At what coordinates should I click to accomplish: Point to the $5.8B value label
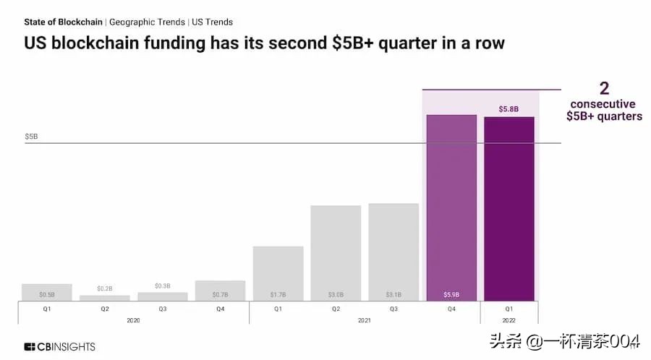[x=509, y=109]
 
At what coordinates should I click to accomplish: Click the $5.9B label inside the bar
[x=451, y=294]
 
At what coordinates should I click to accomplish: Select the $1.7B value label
[x=278, y=294]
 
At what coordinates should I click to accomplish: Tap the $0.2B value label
[x=104, y=288]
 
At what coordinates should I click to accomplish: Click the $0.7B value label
[x=220, y=294]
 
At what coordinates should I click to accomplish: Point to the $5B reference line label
[x=31, y=136]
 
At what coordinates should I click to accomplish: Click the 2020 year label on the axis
[x=132, y=320]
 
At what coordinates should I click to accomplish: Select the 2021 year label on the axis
[x=365, y=320]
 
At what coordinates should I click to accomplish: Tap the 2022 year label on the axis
[x=509, y=320]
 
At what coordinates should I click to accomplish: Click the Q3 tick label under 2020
[x=162, y=309]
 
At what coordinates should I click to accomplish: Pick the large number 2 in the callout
[x=604, y=89]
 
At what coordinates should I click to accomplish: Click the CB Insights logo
[x=59, y=346]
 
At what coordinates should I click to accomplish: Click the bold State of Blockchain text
[x=63, y=22]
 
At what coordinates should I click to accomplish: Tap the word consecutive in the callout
[x=602, y=104]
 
